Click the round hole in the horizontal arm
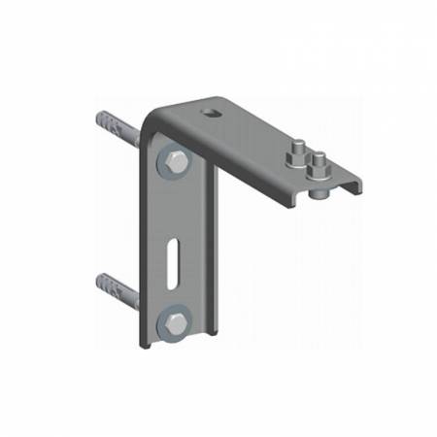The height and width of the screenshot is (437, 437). [210, 115]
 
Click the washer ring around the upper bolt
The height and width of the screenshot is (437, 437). [166, 171]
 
